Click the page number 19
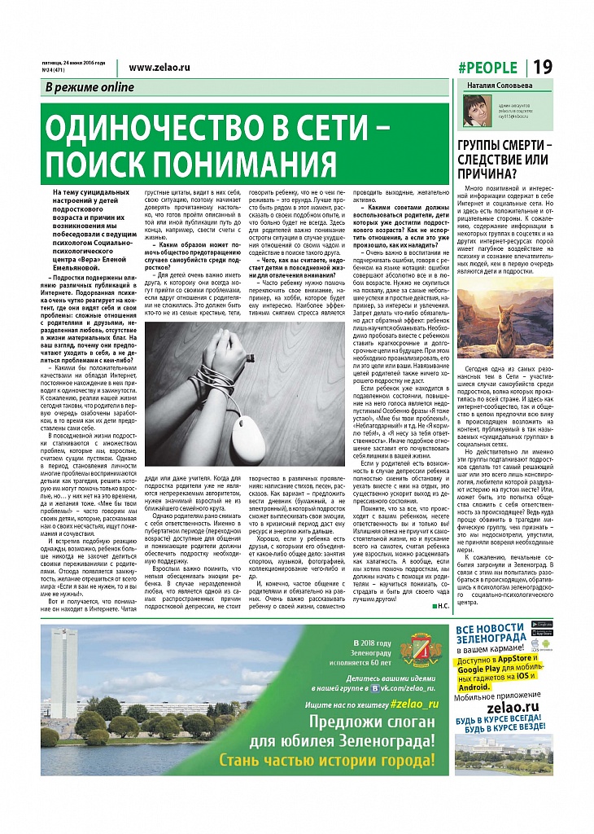click(543, 68)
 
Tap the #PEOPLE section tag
click(487, 68)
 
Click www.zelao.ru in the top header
click(159, 68)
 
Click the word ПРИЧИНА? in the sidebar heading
click(485, 173)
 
